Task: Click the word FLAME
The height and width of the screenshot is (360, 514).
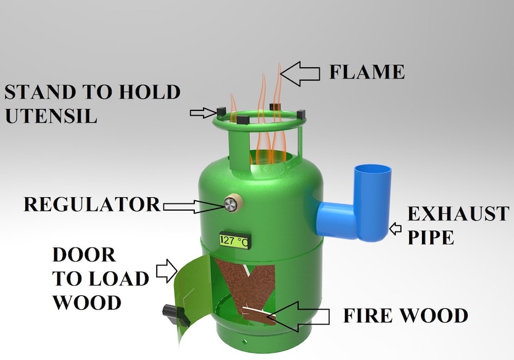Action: pos(366,71)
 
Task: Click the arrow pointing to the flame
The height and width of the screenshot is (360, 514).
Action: pos(300,74)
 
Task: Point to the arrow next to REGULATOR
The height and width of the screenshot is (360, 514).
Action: pos(190,206)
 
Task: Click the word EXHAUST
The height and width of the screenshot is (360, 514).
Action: pos(458,214)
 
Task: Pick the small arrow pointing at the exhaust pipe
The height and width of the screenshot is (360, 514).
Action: pos(395,229)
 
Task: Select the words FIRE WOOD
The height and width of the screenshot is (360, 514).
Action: pos(406,315)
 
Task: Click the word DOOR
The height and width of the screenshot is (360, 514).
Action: pos(84,254)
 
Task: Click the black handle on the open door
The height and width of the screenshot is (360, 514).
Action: pos(172,313)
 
